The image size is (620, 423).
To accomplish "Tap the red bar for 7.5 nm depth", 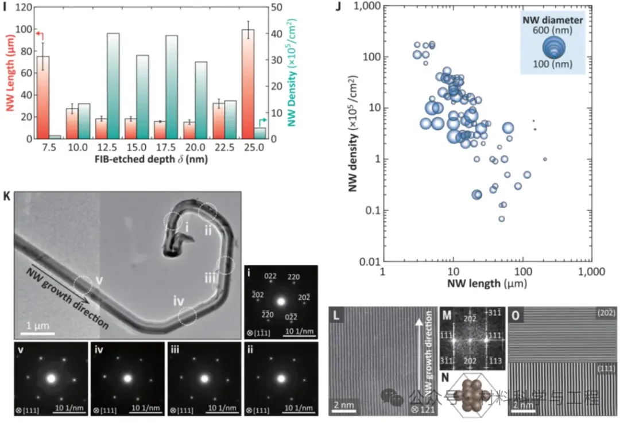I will point(43,98).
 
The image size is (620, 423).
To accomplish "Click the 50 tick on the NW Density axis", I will point(270,7).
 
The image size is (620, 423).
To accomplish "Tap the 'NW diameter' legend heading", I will point(553,20).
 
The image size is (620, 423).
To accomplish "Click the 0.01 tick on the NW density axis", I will point(365,262).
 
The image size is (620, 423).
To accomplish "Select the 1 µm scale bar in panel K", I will point(39,332).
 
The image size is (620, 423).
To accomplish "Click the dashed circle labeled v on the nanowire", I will point(83,284).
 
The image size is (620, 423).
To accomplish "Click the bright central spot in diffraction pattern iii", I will point(204,379).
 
